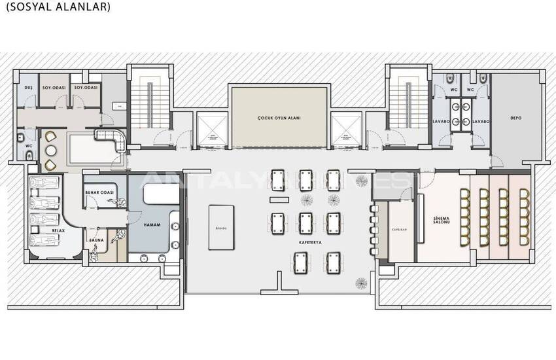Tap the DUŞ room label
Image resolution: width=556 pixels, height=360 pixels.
(28, 87)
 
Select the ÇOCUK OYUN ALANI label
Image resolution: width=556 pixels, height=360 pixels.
(279, 119)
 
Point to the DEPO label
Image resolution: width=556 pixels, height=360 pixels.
(515, 119)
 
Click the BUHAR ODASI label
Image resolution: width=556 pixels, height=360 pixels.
(100, 192)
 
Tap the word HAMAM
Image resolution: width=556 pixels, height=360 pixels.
(152, 225)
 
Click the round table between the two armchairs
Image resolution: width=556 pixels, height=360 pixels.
(51, 149)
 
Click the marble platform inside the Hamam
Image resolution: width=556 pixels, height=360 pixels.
(158, 195)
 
